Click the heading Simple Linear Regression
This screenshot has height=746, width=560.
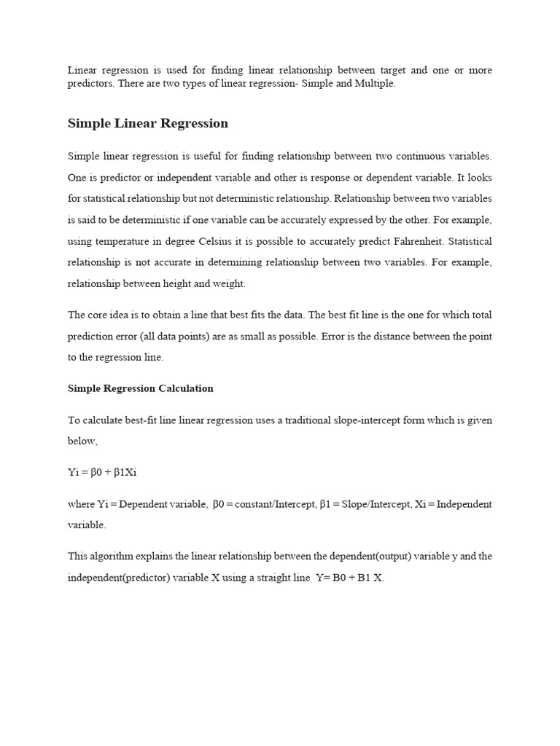click(x=148, y=123)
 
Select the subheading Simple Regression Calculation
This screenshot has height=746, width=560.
click(x=140, y=388)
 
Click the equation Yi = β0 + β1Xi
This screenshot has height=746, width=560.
click(x=103, y=472)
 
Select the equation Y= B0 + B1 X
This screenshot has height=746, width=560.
click(x=349, y=578)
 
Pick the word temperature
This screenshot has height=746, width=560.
click(x=131, y=240)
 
